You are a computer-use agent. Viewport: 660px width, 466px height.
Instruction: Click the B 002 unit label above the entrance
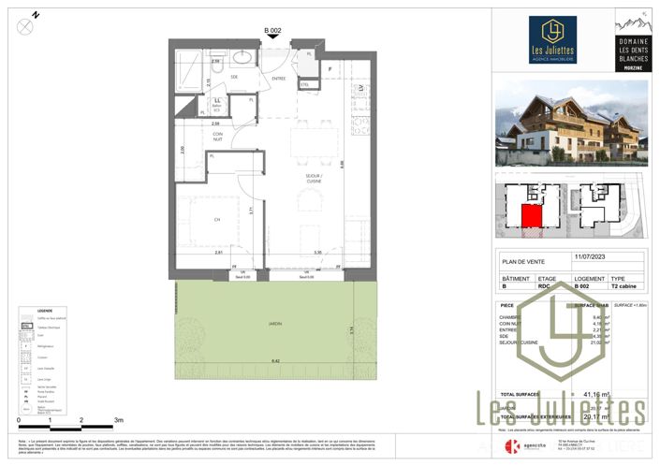(x=272, y=32)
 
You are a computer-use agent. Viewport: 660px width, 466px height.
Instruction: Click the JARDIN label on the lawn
(x=274, y=324)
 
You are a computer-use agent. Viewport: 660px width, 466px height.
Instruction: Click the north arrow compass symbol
(x=25, y=26)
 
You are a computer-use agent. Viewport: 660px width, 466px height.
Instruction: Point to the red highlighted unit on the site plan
(x=531, y=218)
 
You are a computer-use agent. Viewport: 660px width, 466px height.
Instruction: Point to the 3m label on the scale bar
(x=118, y=420)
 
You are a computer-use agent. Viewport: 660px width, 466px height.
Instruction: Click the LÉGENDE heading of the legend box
(x=45, y=311)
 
